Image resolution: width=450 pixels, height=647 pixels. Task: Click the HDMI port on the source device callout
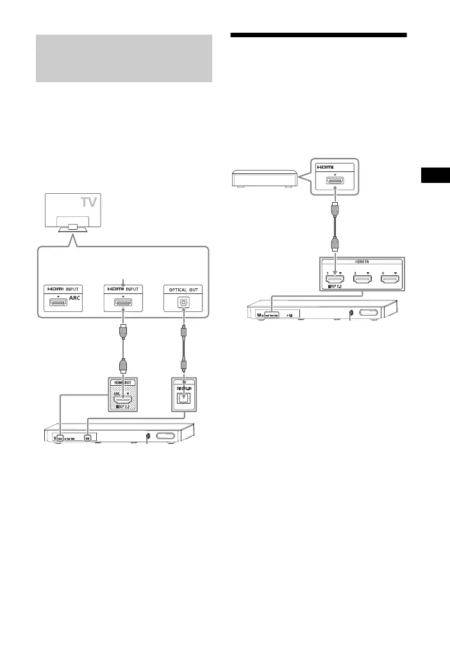pyautogui.click(x=335, y=180)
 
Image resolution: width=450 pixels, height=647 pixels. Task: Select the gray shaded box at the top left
pyautogui.click(x=124, y=58)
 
